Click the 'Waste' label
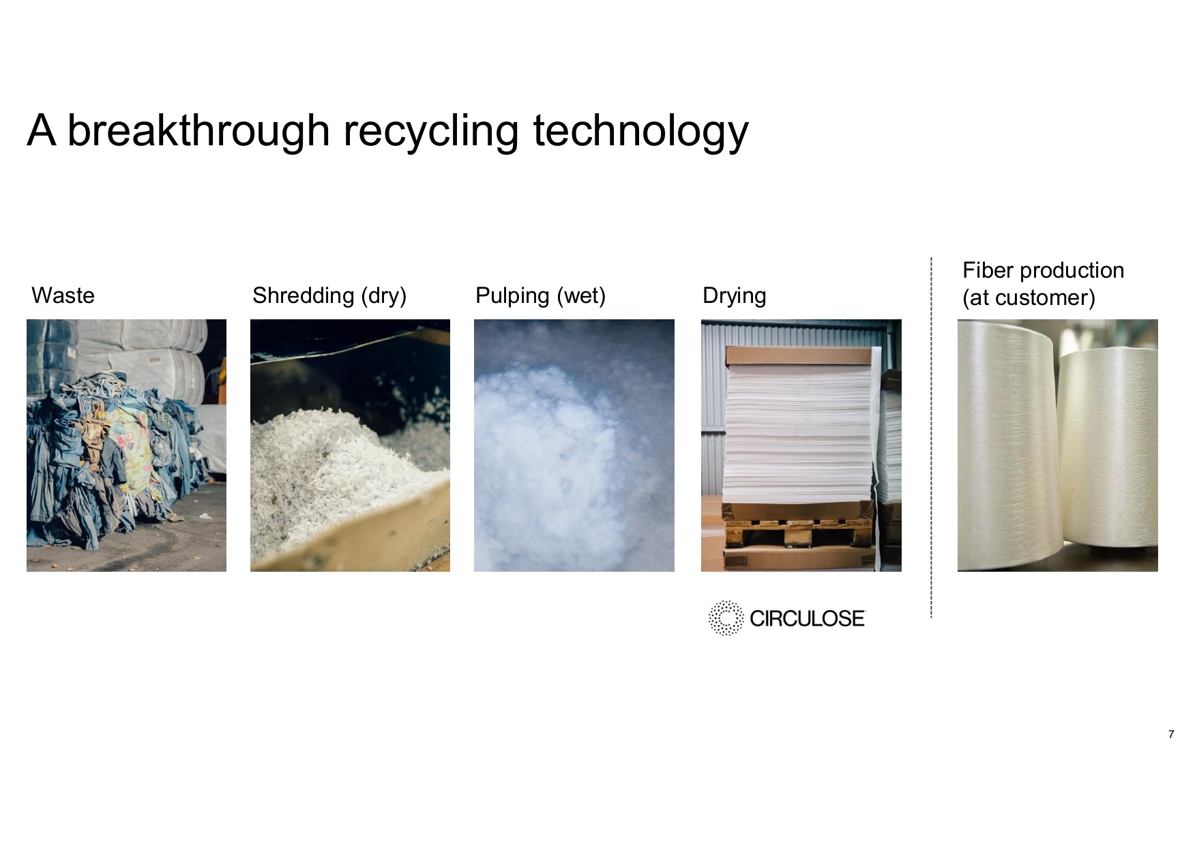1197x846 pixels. click(63, 295)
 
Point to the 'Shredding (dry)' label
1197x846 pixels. click(329, 296)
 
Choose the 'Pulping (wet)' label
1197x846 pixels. click(540, 296)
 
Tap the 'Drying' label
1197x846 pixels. click(734, 296)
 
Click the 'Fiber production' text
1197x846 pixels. click(1043, 270)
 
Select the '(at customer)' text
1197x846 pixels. click(1029, 298)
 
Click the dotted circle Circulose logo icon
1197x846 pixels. click(725, 618)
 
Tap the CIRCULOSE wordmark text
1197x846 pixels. click(808, 619)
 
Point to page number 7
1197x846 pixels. click(1171, 735)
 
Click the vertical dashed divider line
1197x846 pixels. click(931, 438)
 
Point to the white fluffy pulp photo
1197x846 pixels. click(574, 446)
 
